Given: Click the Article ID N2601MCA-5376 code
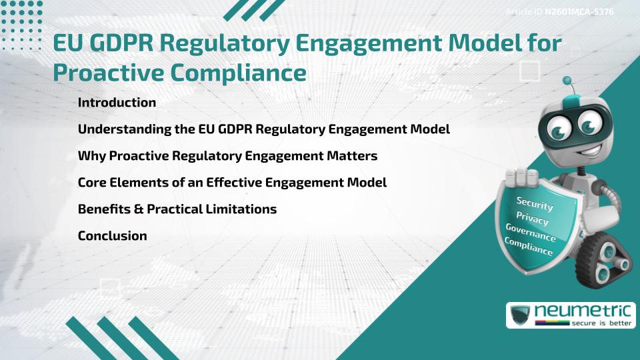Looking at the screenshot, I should pos(578,12).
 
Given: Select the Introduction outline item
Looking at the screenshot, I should pos(117,103).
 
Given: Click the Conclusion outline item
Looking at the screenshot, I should pos(112,235).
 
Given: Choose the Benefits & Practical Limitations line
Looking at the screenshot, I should pos(177,209).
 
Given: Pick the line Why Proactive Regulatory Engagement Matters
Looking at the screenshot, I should pos(227,155).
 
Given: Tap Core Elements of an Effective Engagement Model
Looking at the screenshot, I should pos(232,182).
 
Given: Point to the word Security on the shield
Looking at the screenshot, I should pos(535,203).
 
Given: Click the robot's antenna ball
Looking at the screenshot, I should pos(567,81).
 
